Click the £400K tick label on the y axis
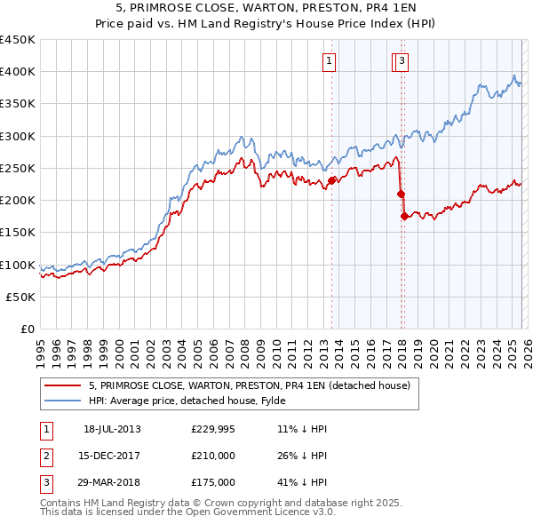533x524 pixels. [x=18, y=72]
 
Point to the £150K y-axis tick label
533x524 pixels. [x=18, y=233]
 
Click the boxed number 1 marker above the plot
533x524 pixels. [x=329, y=61]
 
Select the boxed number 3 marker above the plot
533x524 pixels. [x=402, y=61]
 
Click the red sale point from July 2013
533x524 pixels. [x=331, y=180]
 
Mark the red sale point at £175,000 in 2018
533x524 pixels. [x=404, y=216]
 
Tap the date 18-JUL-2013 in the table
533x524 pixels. [x=112, y=429]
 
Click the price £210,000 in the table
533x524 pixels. [x=213, y=456]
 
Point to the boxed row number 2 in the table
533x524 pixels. [x=45, y=456]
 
